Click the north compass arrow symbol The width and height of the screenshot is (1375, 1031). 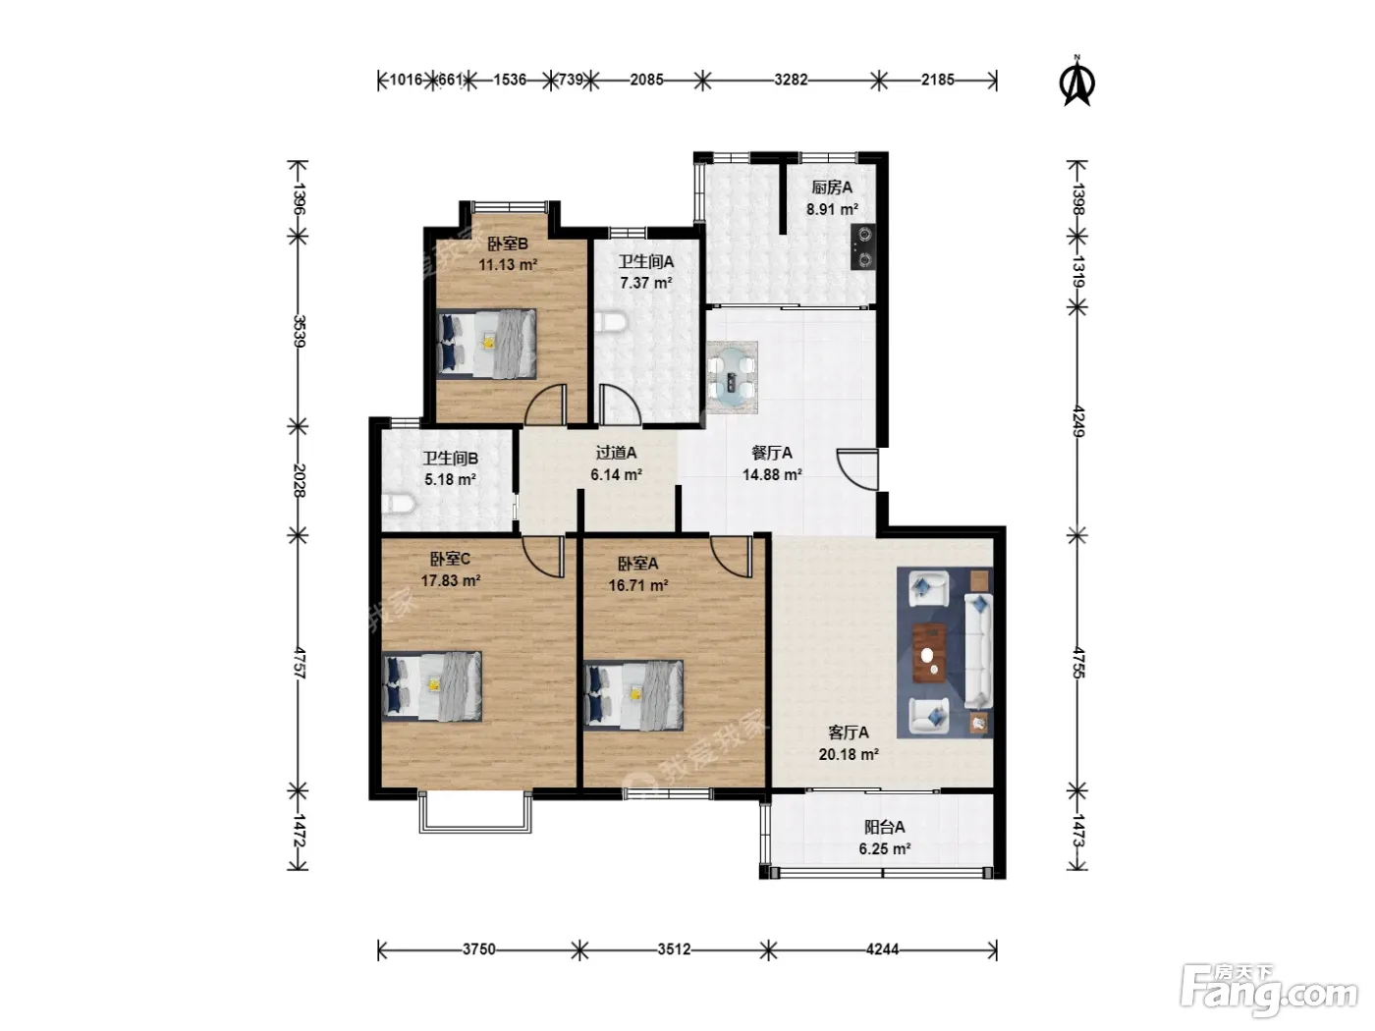pos(1076,81)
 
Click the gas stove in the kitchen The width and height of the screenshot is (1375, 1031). pos(862,246)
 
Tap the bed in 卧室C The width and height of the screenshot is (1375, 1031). pos(432,686)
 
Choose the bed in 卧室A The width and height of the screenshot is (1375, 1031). pos(633,695)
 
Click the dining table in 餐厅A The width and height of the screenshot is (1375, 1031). pos(733,377)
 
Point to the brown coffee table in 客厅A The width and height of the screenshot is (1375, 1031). pos(930,652)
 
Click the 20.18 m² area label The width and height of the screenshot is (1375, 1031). pos(849,754)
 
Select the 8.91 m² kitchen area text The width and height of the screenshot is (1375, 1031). pos(832,209)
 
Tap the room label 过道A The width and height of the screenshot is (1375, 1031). pos(616,452)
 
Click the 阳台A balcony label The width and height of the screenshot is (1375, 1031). pos(885,827)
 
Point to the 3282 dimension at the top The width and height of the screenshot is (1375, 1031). pos(791,80)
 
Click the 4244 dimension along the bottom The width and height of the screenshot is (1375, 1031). pos(882,950)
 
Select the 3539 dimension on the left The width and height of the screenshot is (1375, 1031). pos(299,332)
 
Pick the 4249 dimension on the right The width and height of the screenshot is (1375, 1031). pos(1077,421)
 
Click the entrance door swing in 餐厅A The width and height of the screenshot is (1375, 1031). pos(857,469)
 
